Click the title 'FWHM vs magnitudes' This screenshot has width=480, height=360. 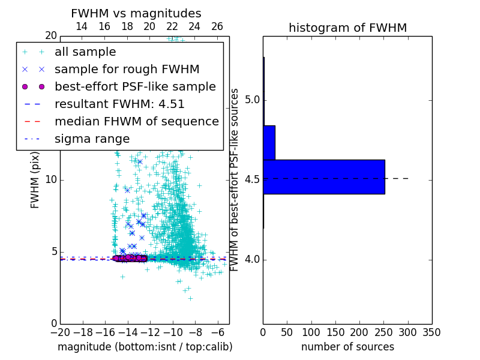136,13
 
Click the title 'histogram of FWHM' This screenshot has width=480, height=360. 347,28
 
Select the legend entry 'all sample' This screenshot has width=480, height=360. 85,52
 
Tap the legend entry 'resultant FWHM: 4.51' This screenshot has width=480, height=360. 119,104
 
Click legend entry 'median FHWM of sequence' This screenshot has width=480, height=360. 136,121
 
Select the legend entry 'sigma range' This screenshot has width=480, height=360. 92,139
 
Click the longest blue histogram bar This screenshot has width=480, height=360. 323,177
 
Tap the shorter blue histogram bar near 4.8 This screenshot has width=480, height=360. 269,143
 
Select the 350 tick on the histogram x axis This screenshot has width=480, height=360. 431,332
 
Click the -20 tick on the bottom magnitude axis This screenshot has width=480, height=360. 60,332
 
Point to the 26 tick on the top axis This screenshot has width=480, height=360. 217,26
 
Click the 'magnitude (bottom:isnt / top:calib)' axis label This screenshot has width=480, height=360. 145,347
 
